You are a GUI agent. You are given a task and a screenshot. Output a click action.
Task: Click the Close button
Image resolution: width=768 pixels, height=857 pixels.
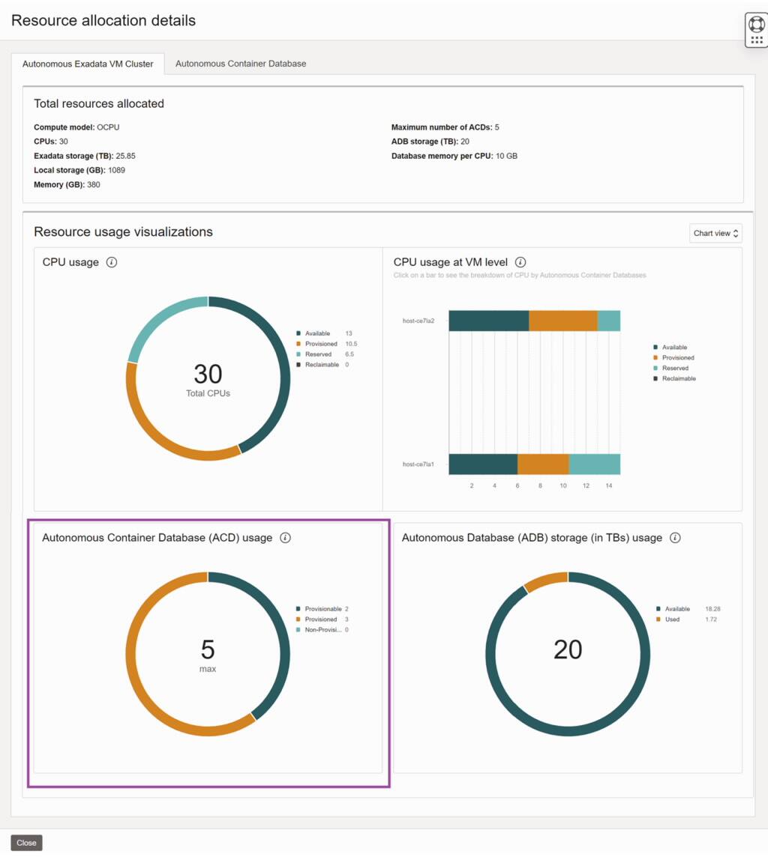[x=26, y=843]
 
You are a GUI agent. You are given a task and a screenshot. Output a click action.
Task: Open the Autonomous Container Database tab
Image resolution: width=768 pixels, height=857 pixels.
[x=241, y=64]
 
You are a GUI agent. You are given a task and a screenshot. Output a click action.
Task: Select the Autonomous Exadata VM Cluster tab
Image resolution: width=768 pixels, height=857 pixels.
[x=88, y=64]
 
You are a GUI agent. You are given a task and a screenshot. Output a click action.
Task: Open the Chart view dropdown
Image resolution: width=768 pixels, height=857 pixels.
[x=715, y=233]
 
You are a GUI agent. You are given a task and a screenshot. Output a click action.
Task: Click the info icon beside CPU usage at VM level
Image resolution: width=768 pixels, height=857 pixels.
[x=520, y=262]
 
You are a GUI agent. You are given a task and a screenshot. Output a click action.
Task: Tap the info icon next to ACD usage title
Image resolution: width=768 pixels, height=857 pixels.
[x=285, y=538]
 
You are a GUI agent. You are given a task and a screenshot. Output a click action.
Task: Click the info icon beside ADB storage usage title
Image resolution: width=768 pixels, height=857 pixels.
[x=675, y=538]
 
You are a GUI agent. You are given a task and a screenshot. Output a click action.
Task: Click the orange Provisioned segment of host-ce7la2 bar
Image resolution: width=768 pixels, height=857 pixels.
[x=562, y=321]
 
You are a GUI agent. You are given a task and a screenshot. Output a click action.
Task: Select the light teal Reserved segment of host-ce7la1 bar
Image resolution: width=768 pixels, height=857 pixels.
[x=594, y=464]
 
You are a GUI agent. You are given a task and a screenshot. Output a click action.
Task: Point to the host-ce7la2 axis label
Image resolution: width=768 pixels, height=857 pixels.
[x=418, y=321]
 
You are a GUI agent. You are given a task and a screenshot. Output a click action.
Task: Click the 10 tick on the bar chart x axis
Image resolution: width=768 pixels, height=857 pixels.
[x=563, y=485]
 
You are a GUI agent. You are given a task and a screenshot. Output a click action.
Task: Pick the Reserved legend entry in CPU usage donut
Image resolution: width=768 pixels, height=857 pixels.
[x=318, y=354]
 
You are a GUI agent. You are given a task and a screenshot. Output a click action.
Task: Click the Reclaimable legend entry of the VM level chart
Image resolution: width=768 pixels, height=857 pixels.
[x=679, y=378]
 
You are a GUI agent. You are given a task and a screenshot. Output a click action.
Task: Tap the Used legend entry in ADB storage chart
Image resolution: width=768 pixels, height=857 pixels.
[x=672, y=620]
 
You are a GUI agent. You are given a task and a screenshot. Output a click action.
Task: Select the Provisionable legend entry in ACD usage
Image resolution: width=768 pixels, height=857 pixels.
[x=322, y=609]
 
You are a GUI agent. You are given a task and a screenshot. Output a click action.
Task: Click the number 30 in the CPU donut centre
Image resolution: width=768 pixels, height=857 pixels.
[x=208, y=374]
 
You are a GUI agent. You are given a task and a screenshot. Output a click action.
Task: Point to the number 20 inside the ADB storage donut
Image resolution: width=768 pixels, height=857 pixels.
[x=568, y=649]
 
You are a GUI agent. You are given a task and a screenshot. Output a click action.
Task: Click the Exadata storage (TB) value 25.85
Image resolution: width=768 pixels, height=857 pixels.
[x=125, y=156]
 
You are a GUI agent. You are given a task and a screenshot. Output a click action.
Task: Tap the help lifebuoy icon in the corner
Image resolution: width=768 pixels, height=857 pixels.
[x=756, y=24]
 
